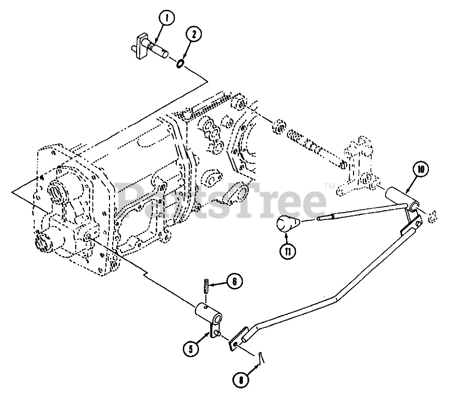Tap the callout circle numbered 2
click(x=194, y=34)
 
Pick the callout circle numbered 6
click(x=234, y=281)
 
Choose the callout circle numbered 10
click(x=420, y=170)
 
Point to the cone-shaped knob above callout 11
click(x=286, y=224)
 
